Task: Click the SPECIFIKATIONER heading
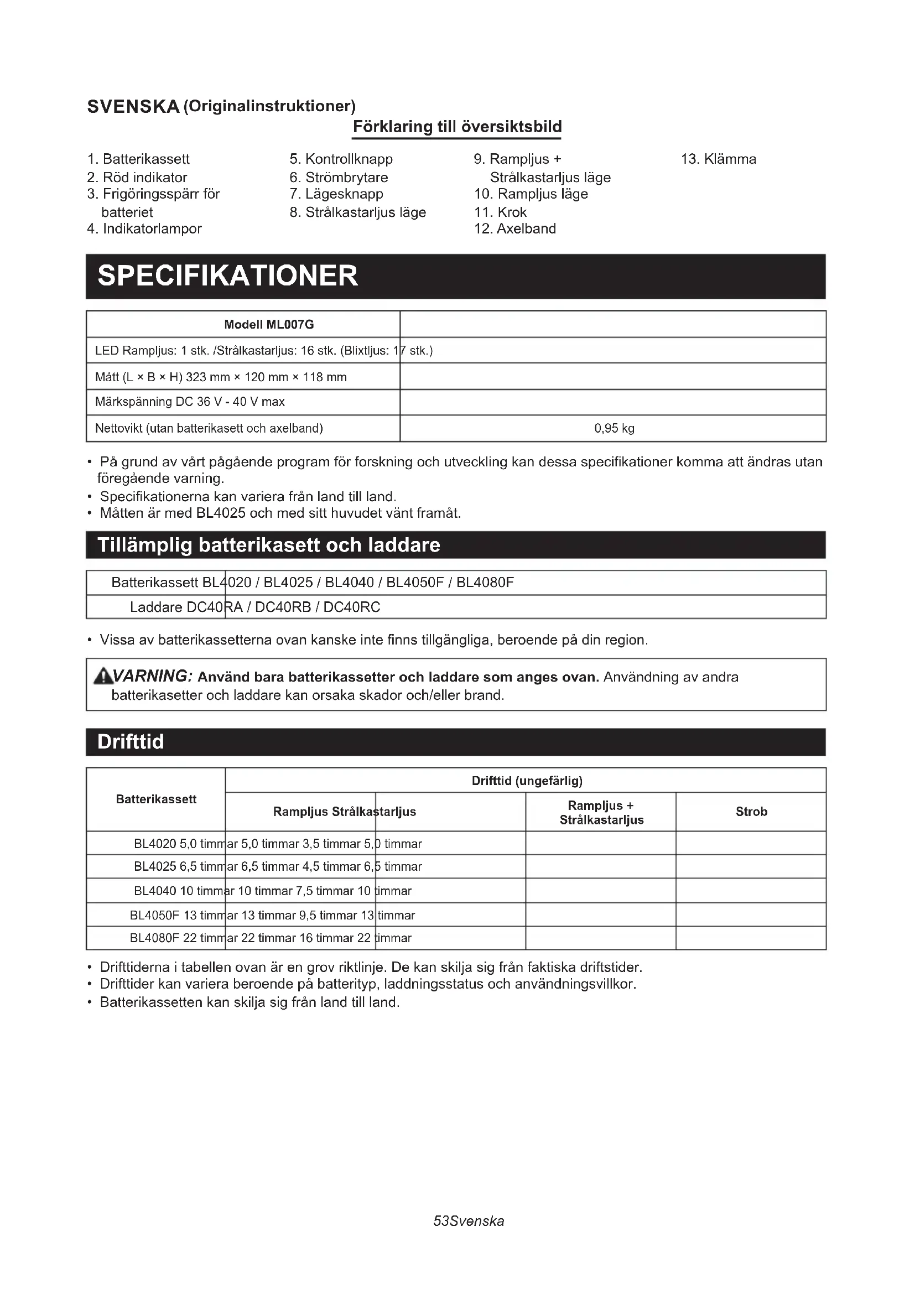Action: coord(227,276)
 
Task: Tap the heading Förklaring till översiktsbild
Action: coord(457,127)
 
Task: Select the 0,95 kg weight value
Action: coord(614,428)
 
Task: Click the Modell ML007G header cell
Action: coord(269,325)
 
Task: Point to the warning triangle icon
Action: coord(102,675)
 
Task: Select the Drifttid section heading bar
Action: coord(455,742)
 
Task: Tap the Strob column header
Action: coord(751,812)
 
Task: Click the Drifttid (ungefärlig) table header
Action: coord(527,781)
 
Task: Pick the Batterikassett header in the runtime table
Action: coord(156,799)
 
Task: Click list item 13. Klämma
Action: coord(719,159)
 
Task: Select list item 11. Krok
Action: coord(500,212)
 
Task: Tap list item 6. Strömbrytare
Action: coord(339,178)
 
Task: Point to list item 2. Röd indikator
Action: coord(137,178)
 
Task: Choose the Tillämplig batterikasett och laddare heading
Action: coord(269,545)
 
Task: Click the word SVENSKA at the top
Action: coord(133,107)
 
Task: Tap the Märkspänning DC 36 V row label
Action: coord(190,402)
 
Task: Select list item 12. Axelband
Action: coord(515,229)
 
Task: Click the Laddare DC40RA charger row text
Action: coord(254,607)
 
